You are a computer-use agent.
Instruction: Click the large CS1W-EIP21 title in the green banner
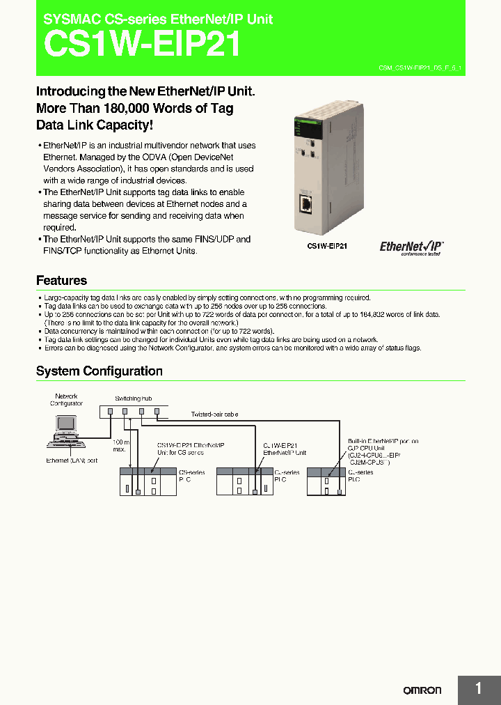143,45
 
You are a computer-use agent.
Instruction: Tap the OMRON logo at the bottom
422,690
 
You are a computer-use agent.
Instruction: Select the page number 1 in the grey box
478,688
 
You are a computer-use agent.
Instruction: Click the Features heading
61,281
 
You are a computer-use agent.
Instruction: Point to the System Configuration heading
99,371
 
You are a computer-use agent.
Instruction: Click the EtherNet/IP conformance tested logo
411,247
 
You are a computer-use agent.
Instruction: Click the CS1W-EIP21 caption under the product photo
327,246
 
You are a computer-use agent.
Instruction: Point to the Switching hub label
132,398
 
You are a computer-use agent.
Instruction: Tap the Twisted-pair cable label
214,414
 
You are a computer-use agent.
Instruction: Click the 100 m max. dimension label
120,447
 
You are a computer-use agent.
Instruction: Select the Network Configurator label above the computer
66,400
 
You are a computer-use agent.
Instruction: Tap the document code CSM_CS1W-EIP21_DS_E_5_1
420,68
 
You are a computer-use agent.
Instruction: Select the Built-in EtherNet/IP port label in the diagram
383,441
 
